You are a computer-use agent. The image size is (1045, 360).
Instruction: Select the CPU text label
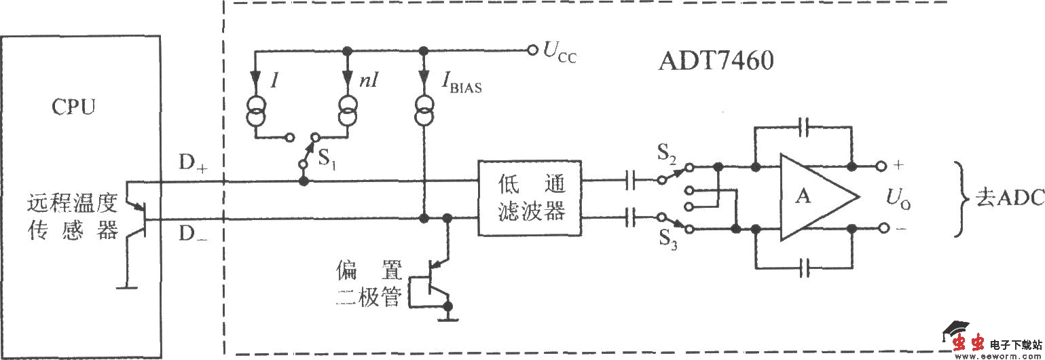(x=75, y=108)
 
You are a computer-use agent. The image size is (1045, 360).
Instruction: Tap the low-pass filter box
(x=530, y=198)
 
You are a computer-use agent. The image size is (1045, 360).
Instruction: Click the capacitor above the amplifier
(x=805, y=126)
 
